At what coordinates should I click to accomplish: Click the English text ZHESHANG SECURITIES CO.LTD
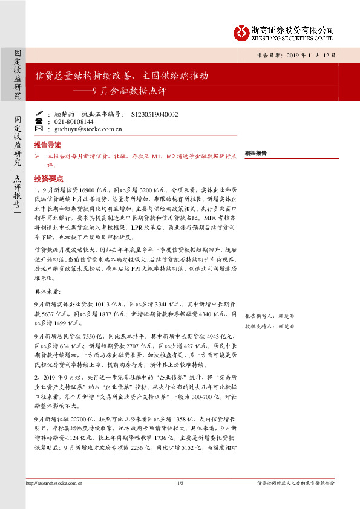(293, 37)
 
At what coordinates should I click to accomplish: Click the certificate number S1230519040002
(154, 114)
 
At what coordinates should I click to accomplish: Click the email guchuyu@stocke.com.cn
(88, 129)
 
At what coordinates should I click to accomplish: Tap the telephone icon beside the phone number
(39, 121)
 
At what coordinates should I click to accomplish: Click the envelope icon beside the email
(39, 129)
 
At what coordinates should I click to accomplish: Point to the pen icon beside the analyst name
(39, 113)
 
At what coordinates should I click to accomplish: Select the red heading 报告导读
(47, 146)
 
